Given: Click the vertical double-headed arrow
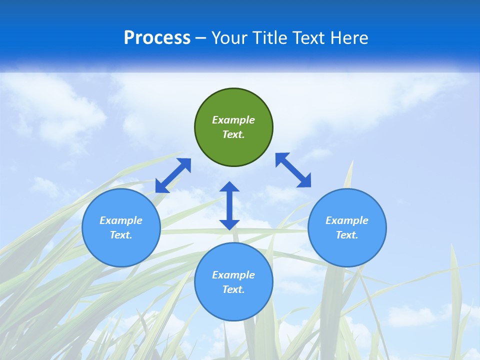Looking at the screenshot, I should coord(229,205).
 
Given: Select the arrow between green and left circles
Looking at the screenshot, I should coord(173,175).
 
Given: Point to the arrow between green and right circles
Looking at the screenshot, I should coord(293,170).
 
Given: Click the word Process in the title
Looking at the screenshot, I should coord(157,38).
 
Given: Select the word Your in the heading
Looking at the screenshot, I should coord(230,38).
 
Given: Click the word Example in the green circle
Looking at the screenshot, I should coord(233,120).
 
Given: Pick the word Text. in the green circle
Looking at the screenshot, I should coord(233,134).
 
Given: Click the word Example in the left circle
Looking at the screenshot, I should coord(121,220).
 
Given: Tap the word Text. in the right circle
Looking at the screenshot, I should coord(347,235).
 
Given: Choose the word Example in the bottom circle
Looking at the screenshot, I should coord(233,275).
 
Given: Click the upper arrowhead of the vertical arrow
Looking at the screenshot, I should coord(229,187).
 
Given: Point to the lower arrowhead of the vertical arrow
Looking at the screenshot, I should coord(229,224).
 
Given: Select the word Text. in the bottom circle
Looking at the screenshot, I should coord(233,289).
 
